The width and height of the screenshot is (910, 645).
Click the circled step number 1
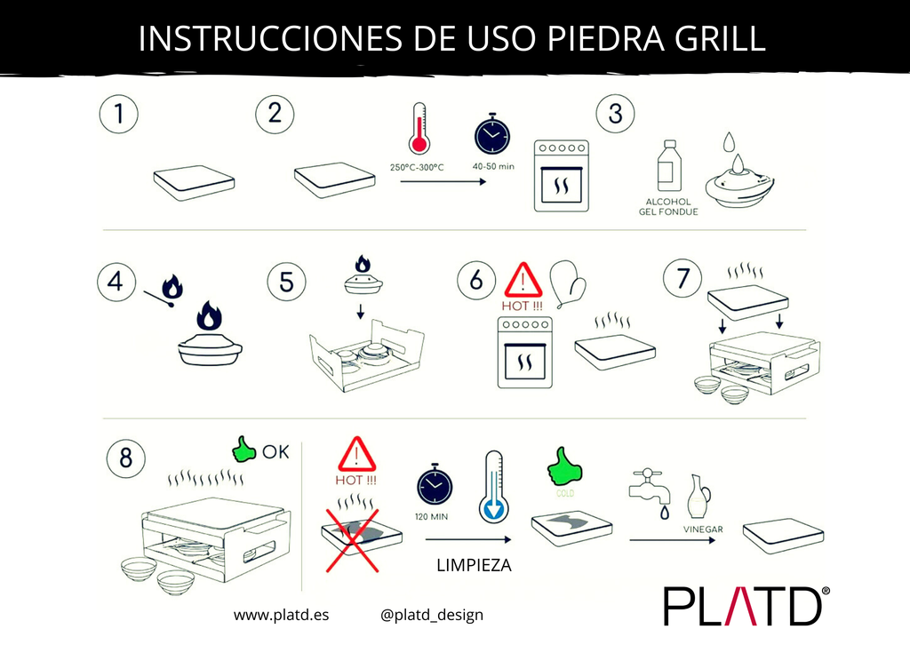(x=118, y=115)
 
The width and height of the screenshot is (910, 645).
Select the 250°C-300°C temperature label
(x=418, y=168)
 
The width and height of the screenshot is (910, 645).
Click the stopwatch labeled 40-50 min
(x=491, y=134)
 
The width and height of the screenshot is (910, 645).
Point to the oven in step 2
(x=561, y=175)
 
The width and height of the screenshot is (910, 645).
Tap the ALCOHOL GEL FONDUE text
(x=668, y=207)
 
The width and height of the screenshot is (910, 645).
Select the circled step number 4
(x=117, y=283)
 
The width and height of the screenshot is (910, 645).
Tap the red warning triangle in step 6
(x=523, y=282)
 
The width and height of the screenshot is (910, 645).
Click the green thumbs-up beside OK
(x=243, y=450)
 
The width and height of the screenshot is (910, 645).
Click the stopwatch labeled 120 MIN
(x=434, y=486)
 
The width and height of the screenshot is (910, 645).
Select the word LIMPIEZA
(x=474, y=565)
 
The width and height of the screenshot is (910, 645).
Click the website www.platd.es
(x=281, y=615)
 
